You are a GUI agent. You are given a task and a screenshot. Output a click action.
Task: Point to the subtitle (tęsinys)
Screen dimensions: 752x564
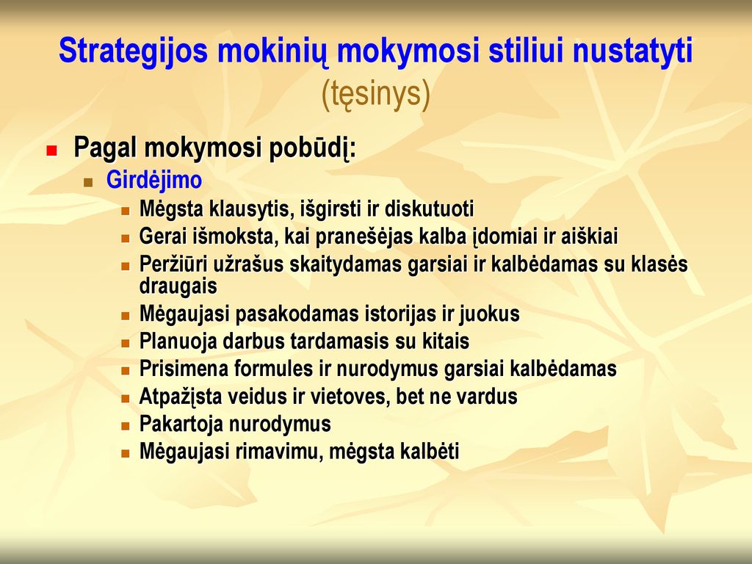click(375, 93)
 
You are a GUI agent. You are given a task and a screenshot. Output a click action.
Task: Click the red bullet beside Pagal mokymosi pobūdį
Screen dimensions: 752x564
click(51, 151)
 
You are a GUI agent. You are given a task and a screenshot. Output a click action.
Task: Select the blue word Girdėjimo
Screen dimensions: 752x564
click(154, 181)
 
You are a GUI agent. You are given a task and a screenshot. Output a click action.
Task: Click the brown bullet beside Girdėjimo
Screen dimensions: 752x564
click(88, 182)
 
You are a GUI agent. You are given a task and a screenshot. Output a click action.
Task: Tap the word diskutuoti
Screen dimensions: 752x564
click(429, 209)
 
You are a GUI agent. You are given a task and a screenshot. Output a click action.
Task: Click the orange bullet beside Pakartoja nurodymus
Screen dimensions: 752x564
click(126, 426)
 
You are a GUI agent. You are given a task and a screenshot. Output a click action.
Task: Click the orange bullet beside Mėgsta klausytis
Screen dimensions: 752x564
click(126, 211)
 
